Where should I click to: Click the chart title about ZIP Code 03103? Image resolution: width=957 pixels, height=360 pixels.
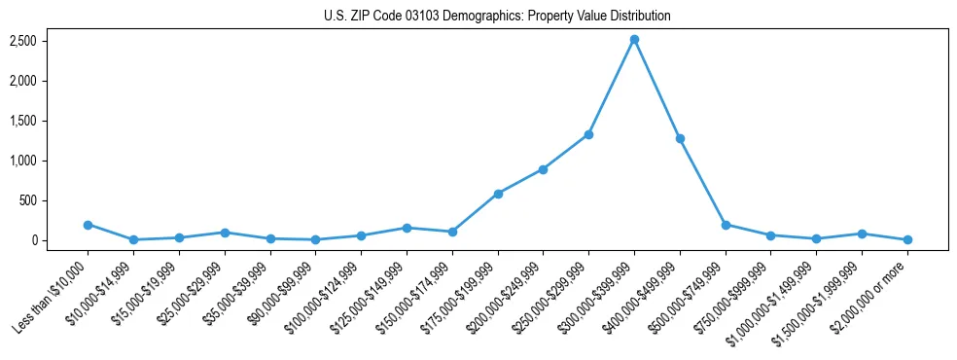497,16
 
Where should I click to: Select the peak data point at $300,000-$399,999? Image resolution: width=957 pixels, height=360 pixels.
634,40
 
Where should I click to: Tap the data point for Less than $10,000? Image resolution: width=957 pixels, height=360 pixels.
88,225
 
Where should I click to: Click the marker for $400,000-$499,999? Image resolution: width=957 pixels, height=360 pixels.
680,138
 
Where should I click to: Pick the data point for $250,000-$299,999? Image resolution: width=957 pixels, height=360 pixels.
588,134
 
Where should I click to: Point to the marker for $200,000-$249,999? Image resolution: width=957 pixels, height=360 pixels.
543,169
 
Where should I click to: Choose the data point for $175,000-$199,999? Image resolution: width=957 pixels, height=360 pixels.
498,194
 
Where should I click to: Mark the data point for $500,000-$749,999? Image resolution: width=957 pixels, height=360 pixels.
726,225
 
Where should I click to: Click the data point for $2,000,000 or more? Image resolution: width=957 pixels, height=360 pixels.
907,239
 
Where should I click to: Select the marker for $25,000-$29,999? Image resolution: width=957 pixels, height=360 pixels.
225,233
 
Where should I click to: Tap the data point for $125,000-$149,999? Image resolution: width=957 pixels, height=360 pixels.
407,228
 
